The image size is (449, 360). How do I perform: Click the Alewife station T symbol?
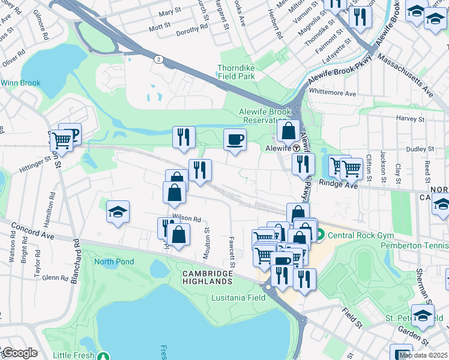[x=296, y=148]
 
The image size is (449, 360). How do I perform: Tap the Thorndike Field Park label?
[x=237, y=72]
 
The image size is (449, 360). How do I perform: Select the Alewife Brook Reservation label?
[x=265, y=116]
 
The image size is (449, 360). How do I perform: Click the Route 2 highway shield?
[x=158, y=59]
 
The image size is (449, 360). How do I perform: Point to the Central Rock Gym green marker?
[x=321, y=234]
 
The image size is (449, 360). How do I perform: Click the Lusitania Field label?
[x=238, y=298]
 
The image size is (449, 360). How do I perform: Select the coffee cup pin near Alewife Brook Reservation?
[x=235, y=140]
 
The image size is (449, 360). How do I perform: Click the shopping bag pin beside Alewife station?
[x=289, y=130]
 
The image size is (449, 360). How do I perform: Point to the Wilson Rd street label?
[x=187, y=219]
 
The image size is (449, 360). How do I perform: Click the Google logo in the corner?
[x=19, y=353]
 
